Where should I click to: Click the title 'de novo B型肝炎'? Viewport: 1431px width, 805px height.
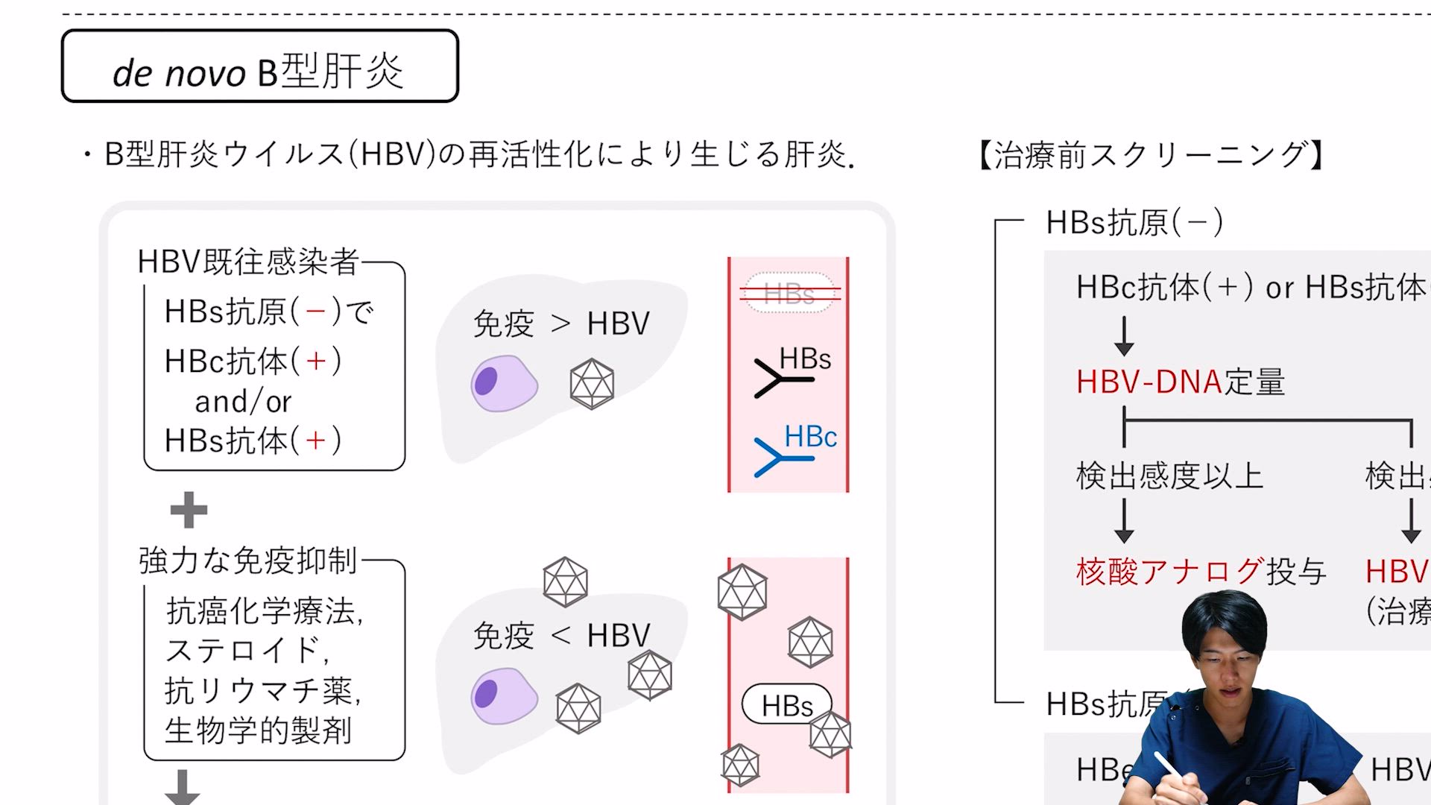pos(259,72)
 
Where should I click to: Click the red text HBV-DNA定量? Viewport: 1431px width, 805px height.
pos(1180,382)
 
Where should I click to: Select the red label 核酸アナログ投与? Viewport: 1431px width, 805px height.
pos(1200,572)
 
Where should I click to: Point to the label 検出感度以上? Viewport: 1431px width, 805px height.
pos(1169,476)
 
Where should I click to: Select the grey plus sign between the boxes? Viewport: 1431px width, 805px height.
pos(189,511)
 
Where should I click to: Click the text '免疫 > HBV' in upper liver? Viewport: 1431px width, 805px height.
pos(561,323)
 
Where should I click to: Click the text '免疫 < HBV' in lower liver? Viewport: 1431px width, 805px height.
pos(561,636)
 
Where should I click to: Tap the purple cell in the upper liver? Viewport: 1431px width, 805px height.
pos(504,383)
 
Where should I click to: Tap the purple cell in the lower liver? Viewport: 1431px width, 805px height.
pos(504,695)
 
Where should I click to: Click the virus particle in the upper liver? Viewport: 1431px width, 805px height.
pos(592,384)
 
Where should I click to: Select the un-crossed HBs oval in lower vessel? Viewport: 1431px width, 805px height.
pos(786,705)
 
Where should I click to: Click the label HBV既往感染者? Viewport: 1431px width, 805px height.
pos(248,262)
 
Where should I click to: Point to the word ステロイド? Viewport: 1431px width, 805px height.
pos(244,650)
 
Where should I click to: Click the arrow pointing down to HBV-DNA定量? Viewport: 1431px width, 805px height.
pos(1124,335)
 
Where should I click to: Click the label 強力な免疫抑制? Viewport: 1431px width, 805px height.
pos(248,561)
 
